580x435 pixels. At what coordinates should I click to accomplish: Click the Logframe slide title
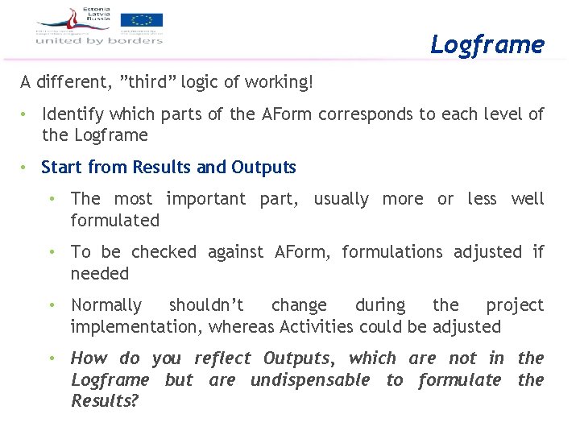487,44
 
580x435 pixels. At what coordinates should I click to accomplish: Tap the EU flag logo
142,21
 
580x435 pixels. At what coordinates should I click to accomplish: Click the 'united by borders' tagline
100,40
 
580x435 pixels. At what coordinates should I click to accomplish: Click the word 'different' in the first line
74,82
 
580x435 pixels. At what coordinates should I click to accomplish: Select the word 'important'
205,198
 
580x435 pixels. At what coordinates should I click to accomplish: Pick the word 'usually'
343,198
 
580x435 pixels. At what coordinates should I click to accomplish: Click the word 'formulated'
115,220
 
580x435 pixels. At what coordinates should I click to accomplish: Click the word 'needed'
100,273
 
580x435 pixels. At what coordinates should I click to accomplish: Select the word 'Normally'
106,305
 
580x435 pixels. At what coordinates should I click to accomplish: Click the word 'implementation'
136,327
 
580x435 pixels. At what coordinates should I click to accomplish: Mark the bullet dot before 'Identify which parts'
27,114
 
